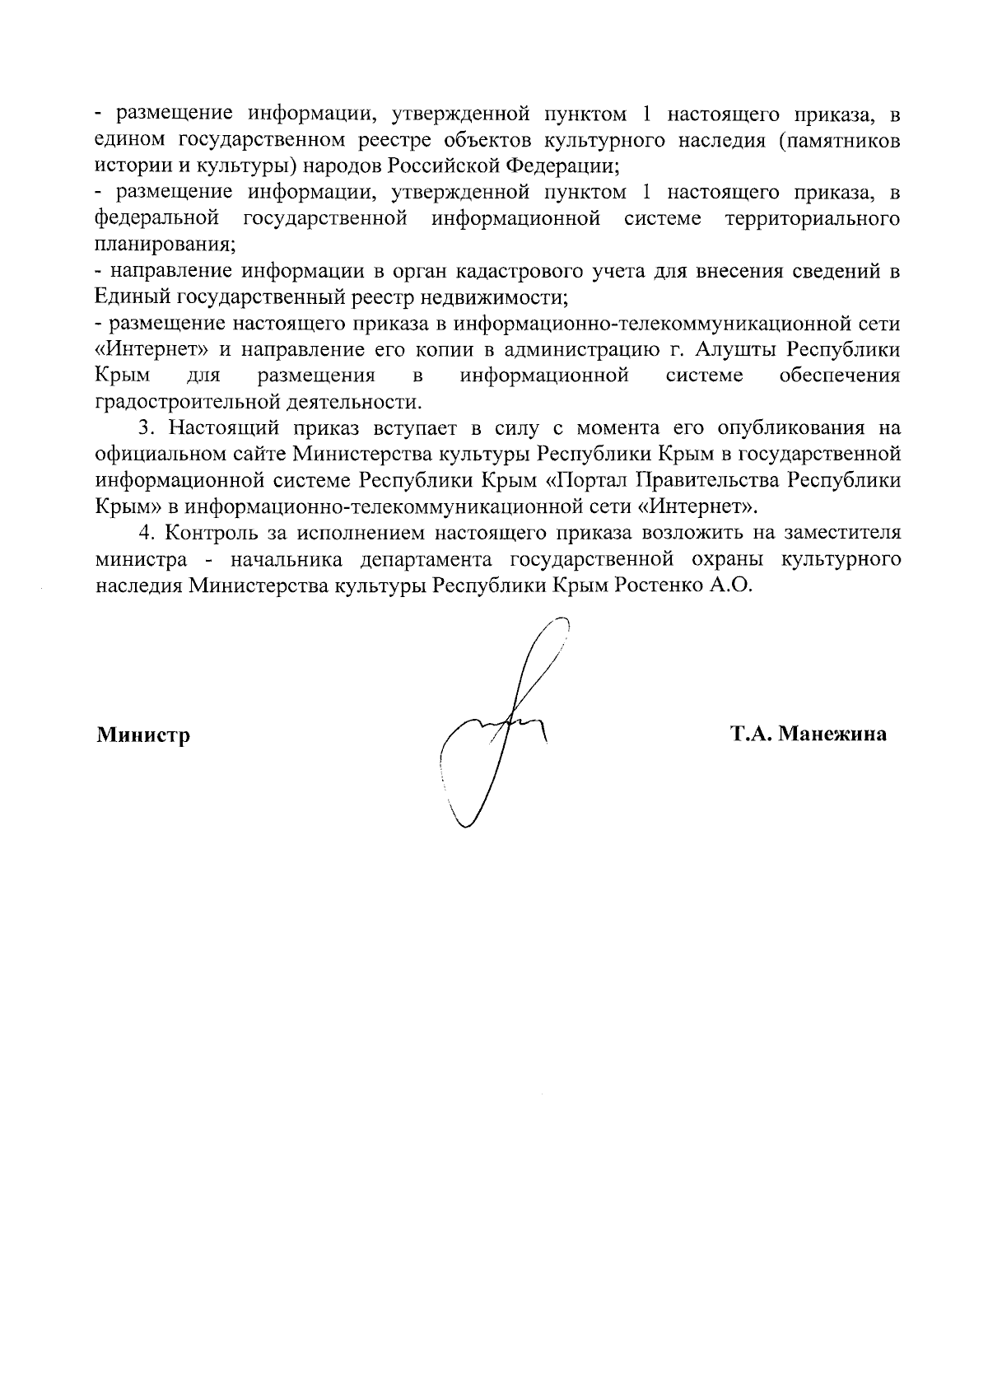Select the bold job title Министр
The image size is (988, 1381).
click(x=143, y=734)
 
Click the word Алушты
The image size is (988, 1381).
click(x=735, y=349)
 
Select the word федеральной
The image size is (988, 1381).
click(x=157, y=218)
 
